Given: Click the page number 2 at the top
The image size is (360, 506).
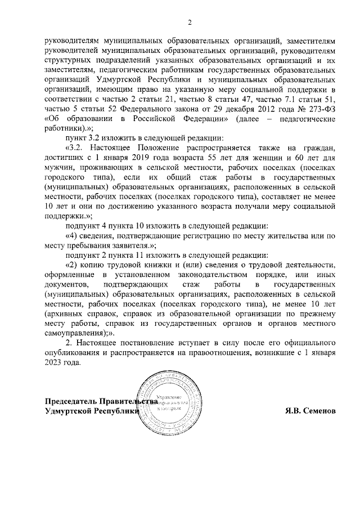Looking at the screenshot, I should point(190,23).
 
